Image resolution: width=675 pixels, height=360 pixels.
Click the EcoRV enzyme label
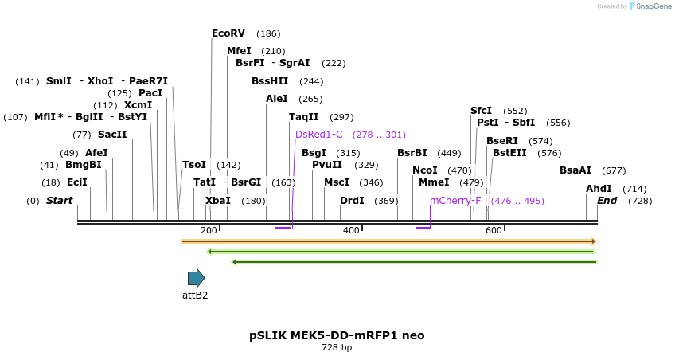tap(228, 33)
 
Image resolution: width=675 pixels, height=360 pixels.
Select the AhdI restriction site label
tap(599, 189)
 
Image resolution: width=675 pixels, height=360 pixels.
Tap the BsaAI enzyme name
tap(575, 170)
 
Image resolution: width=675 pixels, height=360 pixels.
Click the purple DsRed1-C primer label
tap(318, 135)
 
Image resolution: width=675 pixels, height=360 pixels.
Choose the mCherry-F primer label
tap(455, 201)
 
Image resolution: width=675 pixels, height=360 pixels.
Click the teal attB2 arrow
tap(196, 277)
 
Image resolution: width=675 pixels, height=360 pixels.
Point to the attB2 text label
tap(195, 295)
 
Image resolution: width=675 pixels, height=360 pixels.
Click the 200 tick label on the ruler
tap(209, 230)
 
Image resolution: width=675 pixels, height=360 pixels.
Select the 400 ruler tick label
tap(351, 230)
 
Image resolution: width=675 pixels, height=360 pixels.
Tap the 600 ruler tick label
tap(494, 230)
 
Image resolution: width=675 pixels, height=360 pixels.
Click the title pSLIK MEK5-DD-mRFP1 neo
tap(337, 335)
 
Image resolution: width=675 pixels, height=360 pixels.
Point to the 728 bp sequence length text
tap(337, 348)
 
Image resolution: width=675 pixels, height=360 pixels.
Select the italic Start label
tap(59, 201)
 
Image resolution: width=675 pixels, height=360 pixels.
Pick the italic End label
tap(607, 201)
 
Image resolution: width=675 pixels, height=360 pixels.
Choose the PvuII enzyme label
tap(327, 165)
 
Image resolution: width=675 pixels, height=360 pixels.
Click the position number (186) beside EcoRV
tap(268, 33)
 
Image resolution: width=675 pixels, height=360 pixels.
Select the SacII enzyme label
tap(112, 135)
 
